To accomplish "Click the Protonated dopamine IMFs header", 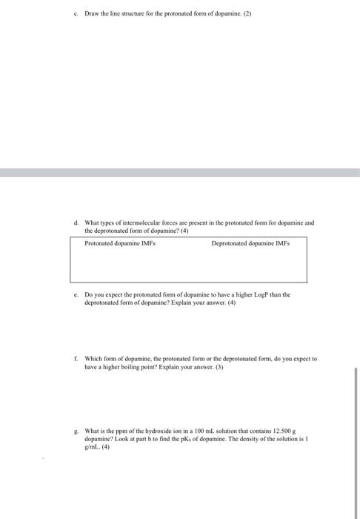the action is tap(120, 242).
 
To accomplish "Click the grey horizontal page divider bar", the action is tap(180, 172).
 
